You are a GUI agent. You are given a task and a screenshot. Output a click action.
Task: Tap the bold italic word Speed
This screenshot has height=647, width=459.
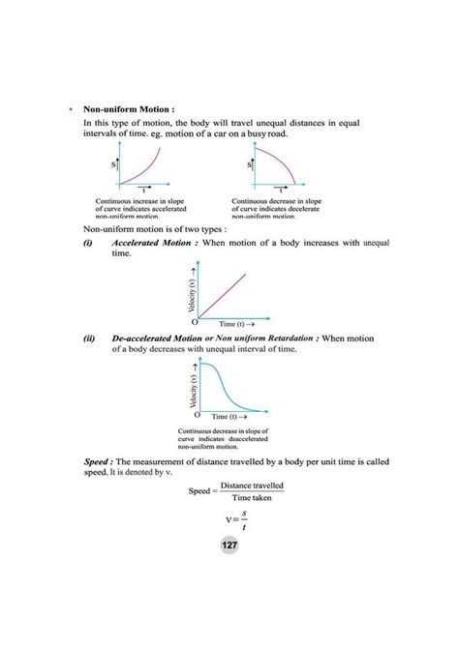(98, 463)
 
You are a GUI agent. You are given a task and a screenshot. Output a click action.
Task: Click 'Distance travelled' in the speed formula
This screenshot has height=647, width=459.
(252, 485)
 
